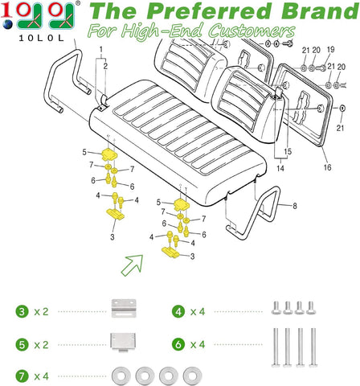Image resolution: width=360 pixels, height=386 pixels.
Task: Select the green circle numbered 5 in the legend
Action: [x=21, y=343]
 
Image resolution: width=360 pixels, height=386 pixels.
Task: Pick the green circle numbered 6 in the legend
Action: [x=178, y=343]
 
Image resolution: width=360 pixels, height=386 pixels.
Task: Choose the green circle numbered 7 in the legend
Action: [x=21, y=376]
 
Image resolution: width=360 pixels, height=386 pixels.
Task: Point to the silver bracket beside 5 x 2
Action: [x=121, y=342]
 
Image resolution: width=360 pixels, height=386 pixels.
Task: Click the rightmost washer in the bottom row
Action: [x=191, y=376]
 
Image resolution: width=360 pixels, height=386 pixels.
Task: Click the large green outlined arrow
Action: [x=132, y=263]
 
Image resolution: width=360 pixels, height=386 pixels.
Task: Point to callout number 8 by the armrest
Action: [x=293, y=207]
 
